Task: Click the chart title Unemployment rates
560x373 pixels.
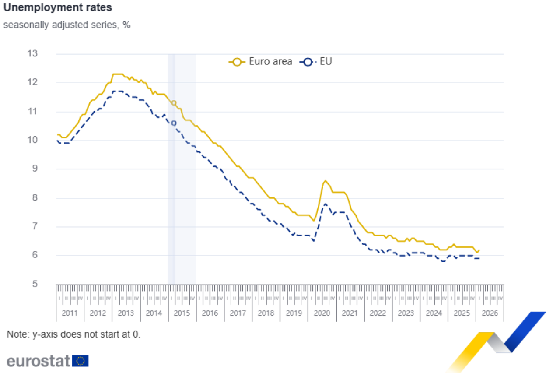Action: point(57,7)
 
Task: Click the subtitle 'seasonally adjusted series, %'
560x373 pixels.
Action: point(67,25)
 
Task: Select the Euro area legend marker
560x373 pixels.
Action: point(237,62)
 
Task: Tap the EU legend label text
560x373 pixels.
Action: point(326,62)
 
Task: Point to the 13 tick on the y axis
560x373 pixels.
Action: point(33,54)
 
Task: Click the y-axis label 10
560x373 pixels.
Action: point(33,140)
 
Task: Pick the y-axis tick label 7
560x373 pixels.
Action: point(34,226)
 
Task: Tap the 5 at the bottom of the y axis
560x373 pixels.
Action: point(34,284)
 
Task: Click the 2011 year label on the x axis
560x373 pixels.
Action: point(70,313)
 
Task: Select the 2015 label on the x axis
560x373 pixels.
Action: point(182,313)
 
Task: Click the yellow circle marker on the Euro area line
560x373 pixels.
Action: point(174,103)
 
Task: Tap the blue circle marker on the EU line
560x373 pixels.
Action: point(174,123)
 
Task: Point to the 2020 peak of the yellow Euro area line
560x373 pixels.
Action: point(325,180)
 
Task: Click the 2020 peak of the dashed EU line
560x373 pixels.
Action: point(325,204)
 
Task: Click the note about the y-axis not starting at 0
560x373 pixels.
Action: point(73,334)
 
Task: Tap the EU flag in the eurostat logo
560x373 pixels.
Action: point(80,361)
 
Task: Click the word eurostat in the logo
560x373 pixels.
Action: point(38,361)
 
